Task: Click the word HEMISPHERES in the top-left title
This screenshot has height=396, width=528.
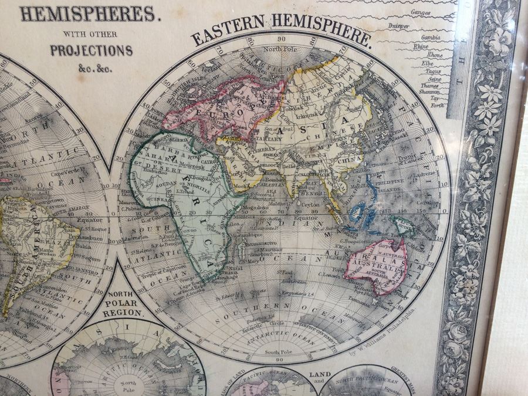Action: [89, 13]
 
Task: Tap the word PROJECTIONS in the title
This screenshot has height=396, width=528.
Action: [91, 50]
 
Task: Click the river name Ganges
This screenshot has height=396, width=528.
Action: [421, 12]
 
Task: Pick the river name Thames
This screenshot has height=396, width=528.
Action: [429, 86]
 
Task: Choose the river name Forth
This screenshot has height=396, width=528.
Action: [437, 106]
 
